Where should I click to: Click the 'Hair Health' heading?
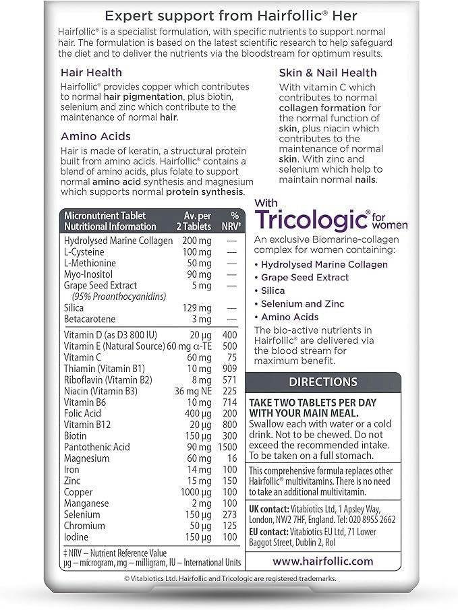pyautogui.click(x=91, y=72)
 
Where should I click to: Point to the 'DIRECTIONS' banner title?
pyautogui.click(x=322, y=382)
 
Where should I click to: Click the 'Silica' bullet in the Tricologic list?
pyautogui.click(x=275, y=291)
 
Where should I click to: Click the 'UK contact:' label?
pyautogui.click(x=268, y=509)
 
